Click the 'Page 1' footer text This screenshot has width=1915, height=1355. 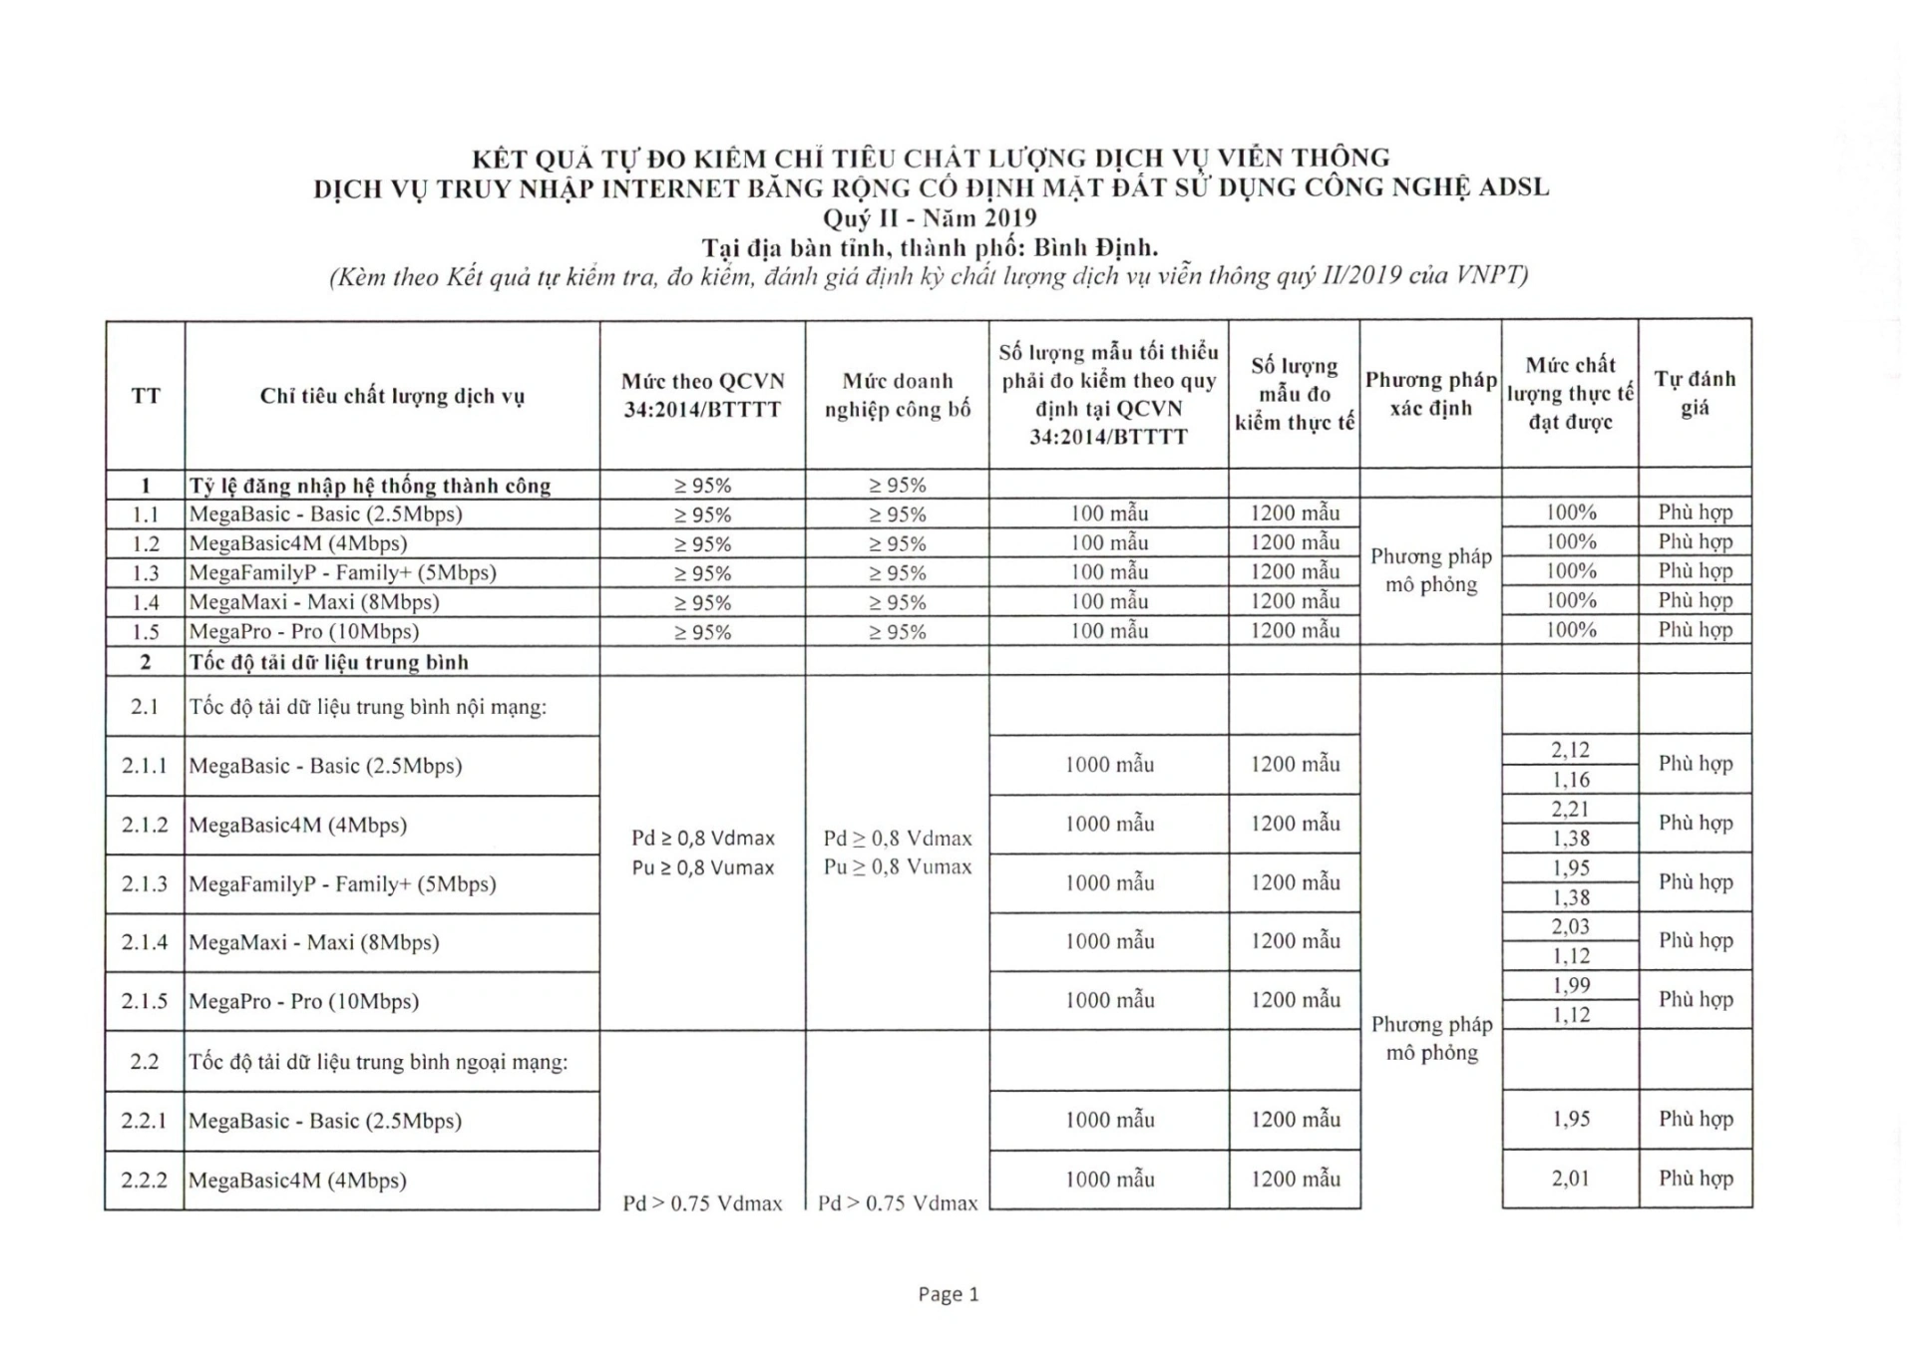click(948, 1294)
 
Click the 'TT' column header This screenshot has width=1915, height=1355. click(146, 396)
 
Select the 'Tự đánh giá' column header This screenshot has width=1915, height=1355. click(1695, 393)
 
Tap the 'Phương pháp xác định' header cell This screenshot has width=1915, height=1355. click(1430, 394)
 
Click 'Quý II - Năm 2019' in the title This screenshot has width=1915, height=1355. click(930, 218)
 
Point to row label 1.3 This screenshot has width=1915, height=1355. click(146, 573)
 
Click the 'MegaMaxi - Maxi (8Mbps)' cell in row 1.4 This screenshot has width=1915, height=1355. click(314, 602)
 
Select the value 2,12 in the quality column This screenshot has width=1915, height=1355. click(1570, 750)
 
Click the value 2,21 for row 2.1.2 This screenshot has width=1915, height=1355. click(1570, 809)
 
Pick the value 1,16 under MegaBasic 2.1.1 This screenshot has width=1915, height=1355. click(1570, 780)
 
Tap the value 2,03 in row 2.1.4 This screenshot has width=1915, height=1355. click(1570, 926)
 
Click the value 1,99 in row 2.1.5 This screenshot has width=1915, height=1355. click(1570, 985)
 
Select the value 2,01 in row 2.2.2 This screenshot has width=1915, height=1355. click(1570, 1179)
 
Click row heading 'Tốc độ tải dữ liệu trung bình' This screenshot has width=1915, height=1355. click(329, 662)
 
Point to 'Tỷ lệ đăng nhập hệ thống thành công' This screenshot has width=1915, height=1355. click(370, 486)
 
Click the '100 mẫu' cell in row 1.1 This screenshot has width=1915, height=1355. click(1109, 513)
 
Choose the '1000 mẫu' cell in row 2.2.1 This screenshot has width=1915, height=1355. click(1109, 1120)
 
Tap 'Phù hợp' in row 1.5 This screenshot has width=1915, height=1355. click(1695, 630)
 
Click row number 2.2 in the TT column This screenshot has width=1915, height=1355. click(145, 1061)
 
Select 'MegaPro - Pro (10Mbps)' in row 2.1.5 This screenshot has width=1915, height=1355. click(304, 1001)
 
